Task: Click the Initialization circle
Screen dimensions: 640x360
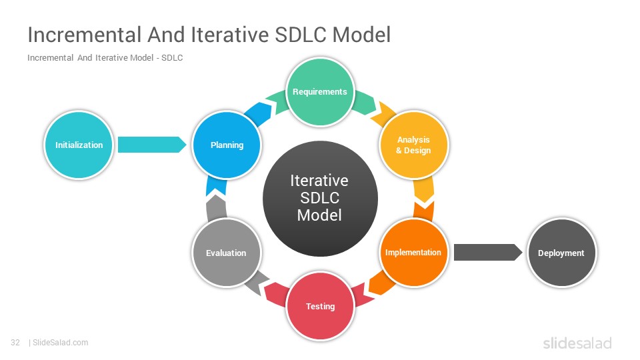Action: (79, 145)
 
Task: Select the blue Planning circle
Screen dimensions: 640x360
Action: (227, 145)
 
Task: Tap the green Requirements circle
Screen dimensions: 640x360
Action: (320, 92)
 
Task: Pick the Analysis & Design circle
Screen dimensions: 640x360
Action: (413, 145)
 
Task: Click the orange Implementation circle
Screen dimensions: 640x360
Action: (413, 253)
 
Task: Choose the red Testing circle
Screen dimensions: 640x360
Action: (321, 306)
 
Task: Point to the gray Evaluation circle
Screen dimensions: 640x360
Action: (227, 253)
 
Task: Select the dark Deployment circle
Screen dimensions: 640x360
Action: (561, 253)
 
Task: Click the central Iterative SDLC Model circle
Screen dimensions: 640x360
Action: (320, 199)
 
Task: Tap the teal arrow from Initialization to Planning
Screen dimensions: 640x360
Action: (152, 145)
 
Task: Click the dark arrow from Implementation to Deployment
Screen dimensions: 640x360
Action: (488, 252)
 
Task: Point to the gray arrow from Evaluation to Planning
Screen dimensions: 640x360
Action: (216, 208)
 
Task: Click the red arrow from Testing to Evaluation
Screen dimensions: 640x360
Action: (275, 294)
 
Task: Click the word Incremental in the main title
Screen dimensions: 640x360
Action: (85, 35)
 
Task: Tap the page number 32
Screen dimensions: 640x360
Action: (15, 343)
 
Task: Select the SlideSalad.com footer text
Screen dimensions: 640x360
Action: (61, 343)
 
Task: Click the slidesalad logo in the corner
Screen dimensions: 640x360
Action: (577, 343)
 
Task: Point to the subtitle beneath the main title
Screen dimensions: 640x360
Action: (105, 58)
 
